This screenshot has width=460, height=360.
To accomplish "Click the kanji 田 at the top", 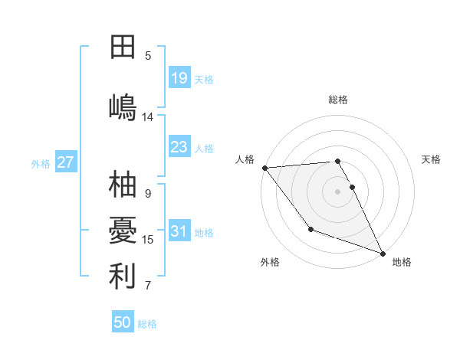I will pos(123,47).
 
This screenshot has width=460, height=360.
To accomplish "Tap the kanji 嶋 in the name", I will pos(123,106).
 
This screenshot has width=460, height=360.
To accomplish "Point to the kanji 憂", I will pos(123,230).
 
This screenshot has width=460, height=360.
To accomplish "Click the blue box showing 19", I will pos(179,78).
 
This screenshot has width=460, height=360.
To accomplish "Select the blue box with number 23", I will pos(179,147).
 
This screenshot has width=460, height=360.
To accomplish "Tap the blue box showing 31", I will pos(179,232).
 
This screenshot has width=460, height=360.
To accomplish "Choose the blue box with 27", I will pos(65,162).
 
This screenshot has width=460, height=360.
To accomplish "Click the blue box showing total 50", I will pos(123,322).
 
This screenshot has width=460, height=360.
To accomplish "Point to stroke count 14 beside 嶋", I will pos(148,117).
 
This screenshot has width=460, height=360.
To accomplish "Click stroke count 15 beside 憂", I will pos(148,240).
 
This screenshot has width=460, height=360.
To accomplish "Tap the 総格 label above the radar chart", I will pos(338,100).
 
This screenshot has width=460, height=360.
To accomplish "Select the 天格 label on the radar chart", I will pos(432,159).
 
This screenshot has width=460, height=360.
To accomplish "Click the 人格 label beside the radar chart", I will pos(245,159).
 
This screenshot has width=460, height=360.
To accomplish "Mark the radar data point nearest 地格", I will pos(383,253).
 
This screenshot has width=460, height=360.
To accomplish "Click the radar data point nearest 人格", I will pos(264,168).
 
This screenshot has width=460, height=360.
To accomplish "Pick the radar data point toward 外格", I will pos(310,229).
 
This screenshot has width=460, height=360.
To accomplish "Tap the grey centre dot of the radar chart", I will pos(338,191).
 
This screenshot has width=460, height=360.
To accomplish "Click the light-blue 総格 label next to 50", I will pos(147,324).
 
